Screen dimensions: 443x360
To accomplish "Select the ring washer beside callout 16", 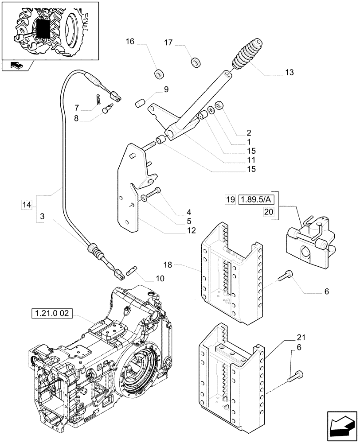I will click(x=158, y=73).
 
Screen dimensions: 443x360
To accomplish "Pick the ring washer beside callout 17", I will click(x=195, y=62).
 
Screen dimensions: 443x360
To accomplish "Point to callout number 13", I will click(x=289, y=72).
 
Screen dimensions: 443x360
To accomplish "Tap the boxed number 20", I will click(x=269, y=212).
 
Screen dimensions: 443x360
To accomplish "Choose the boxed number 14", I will click(x=27, y=205).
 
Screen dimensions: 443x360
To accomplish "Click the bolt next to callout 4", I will click(x=153, y=193).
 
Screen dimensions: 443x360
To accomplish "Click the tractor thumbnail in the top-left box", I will click(x=49, y=30).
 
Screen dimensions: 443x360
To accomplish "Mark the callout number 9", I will click(x=166, y=89).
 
